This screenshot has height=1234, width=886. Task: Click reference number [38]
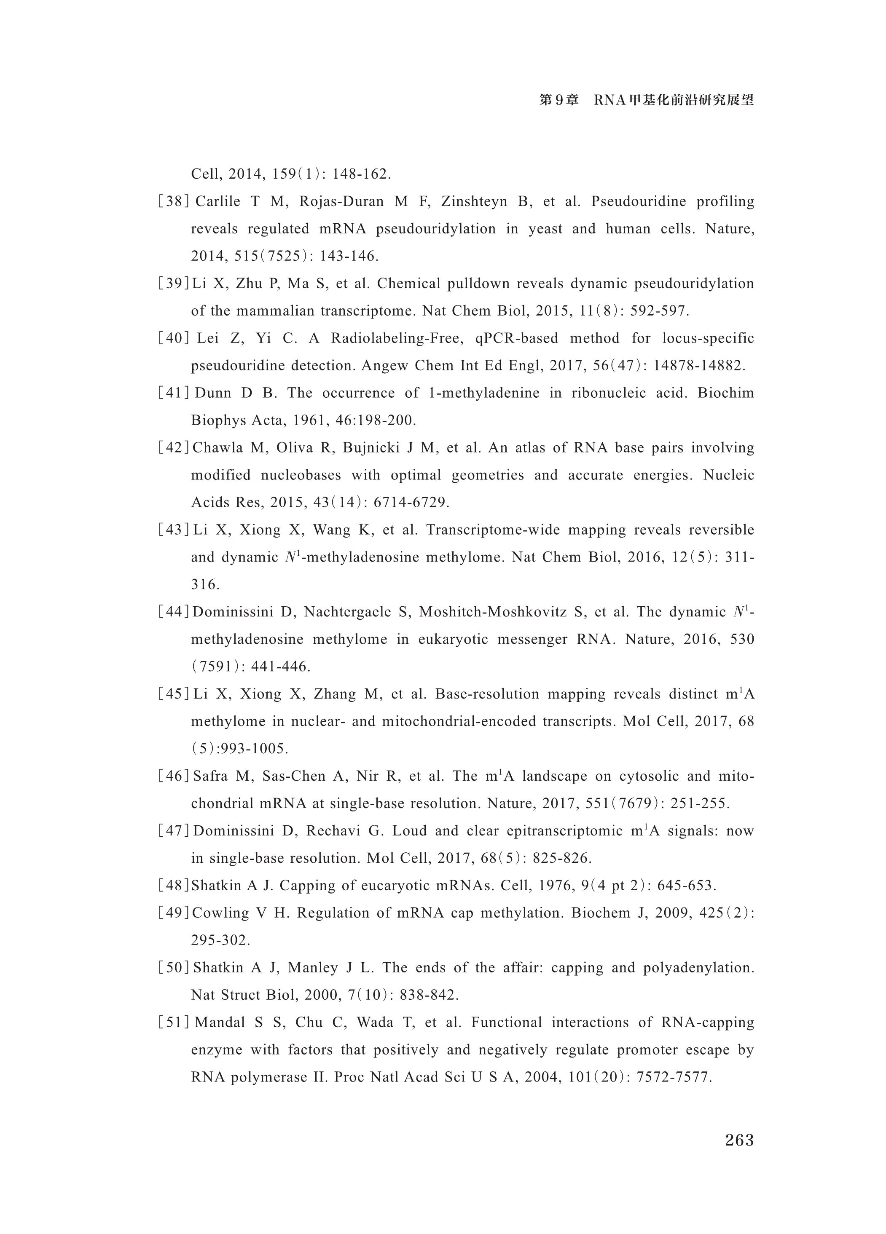173,202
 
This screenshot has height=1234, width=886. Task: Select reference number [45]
173,694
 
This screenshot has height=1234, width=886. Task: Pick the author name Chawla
216,448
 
